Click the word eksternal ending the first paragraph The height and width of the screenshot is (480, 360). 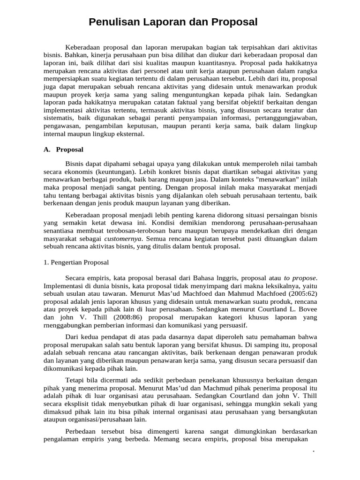click(128, 134)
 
